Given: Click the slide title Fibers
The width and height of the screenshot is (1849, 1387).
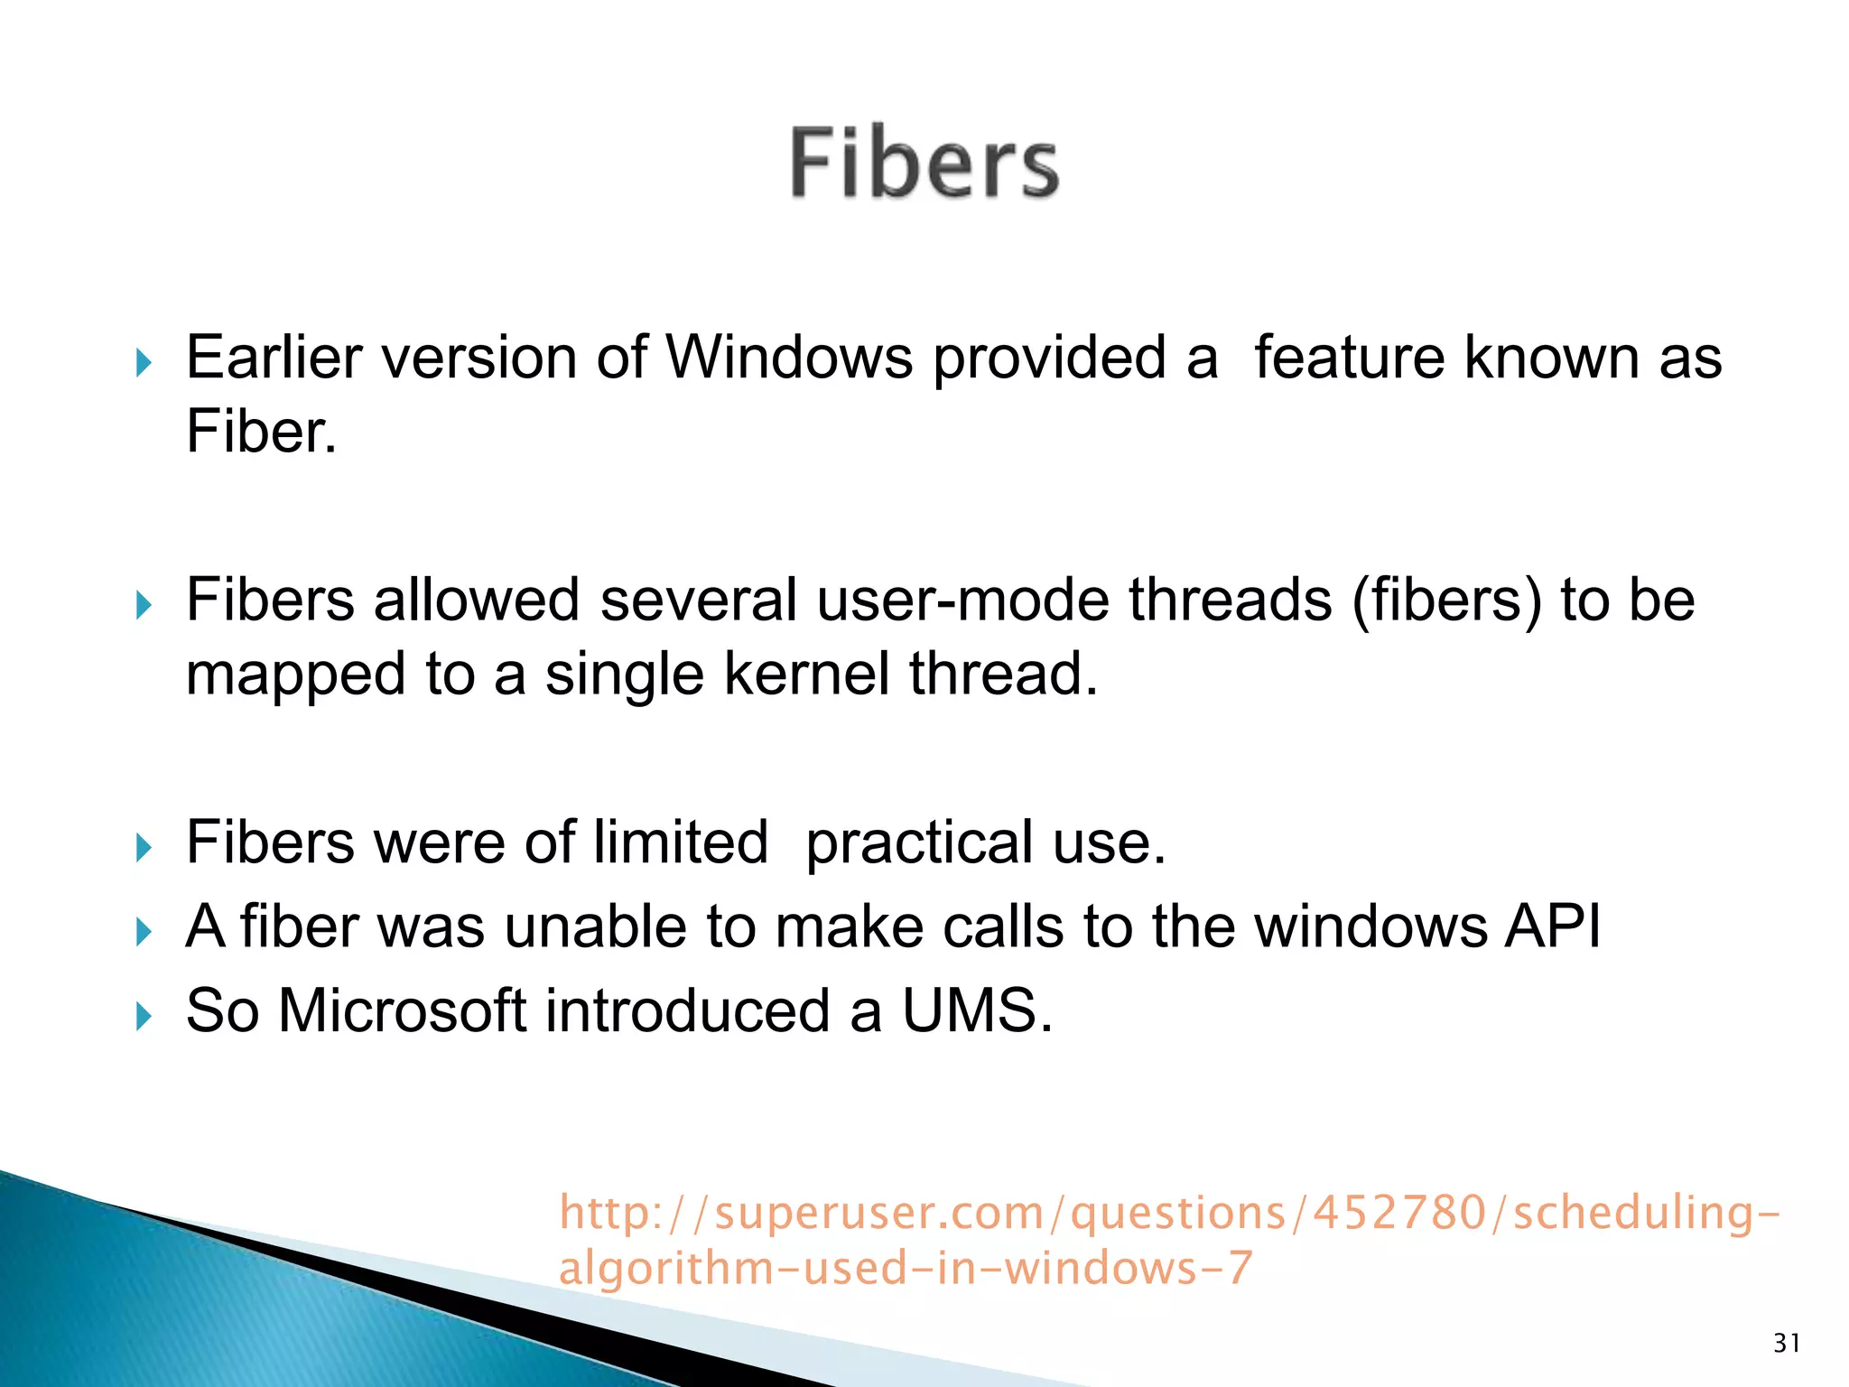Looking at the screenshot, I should (924, 163).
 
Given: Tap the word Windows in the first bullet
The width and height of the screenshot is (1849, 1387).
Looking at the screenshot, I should (789, 358).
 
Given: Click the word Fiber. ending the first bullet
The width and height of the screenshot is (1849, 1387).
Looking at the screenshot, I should (261, 432).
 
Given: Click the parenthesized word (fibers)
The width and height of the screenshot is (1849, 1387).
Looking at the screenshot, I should (1446, 600).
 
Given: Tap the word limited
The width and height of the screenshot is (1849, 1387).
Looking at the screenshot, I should (680, 842).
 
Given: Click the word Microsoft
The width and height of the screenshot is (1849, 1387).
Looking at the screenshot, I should (402, 1010).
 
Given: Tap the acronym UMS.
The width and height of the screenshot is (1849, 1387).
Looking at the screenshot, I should (977, 1010).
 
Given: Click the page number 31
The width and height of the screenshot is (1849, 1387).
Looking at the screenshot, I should (1787, 1343).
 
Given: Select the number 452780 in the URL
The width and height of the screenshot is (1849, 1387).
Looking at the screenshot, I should (1398, 1213).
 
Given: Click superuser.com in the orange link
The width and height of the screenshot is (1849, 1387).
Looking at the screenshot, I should (878, 1213).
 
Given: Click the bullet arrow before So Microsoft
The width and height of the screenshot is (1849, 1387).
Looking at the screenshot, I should (144, 1017).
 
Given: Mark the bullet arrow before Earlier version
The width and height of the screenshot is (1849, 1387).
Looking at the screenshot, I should (144, 364).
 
